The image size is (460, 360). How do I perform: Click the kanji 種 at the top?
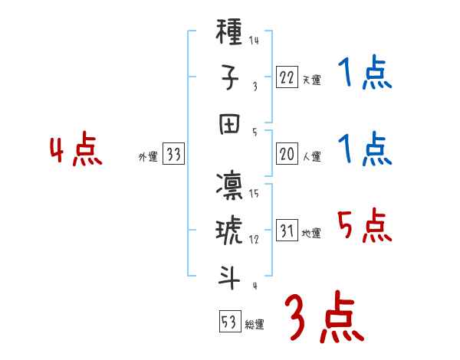tap(231, 33)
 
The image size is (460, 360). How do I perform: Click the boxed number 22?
tap(287, 77)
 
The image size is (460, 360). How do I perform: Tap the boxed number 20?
tap(287, 155)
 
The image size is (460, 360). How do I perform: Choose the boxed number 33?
tap(174, 155)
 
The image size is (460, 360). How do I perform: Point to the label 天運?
tap(311, 80)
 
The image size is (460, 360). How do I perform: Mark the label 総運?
tap(255, 324)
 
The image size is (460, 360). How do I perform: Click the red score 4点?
tap(76, 151)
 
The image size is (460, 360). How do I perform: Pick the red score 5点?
tap(364, 227)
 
